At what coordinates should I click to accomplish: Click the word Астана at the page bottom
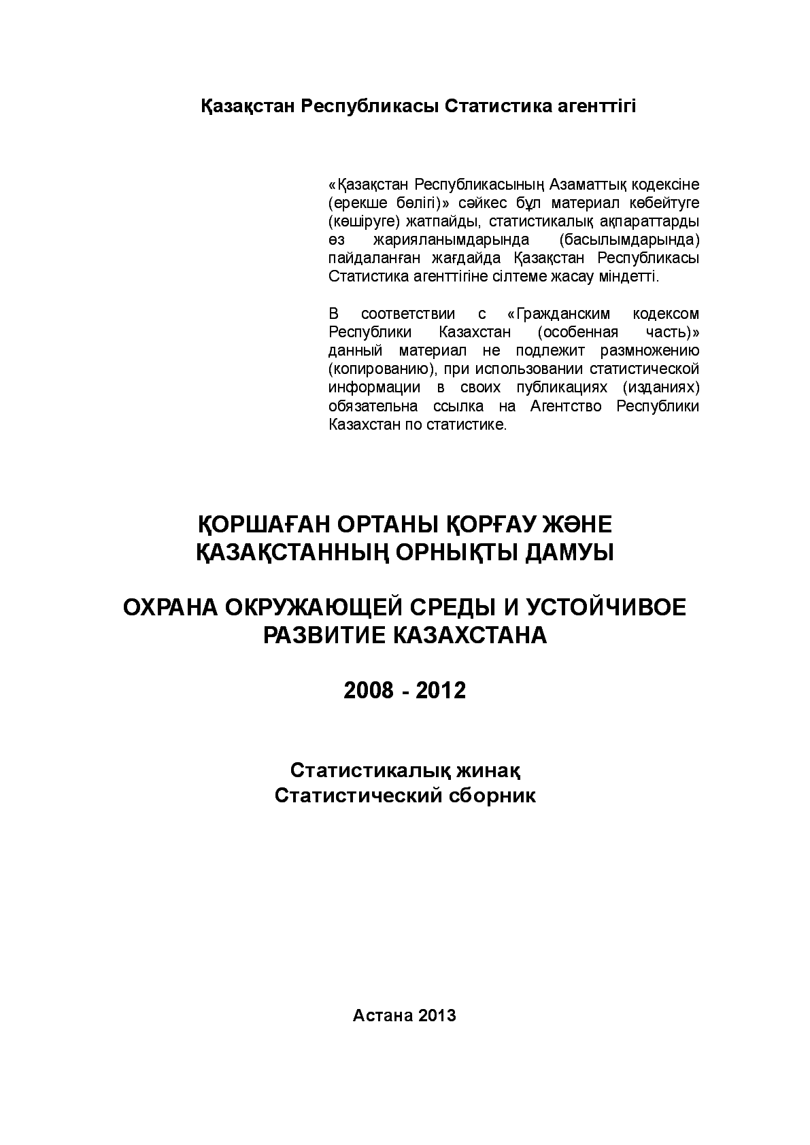coord(382,1015)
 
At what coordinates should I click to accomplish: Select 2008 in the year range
coord(368,691)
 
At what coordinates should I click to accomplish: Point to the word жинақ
coord(489,770)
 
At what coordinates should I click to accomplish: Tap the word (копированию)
coord(382,369)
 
